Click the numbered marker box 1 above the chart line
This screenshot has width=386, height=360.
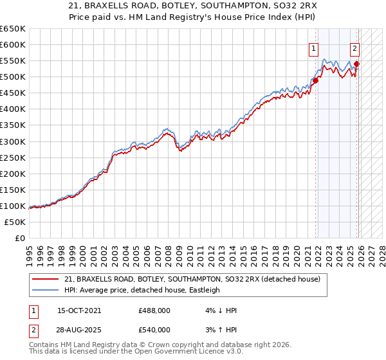pyautogui.click(x=313, y=48)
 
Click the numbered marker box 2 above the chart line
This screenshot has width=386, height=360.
pyautogui.click(x=354, y=48)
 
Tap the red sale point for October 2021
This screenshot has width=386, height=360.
pyautogui.click(x=316, y=80)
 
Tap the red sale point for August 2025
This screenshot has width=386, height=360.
pyautogui.click(x=357, y=64)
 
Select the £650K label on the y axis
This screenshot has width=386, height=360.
pyautogui.click(x=13, y=29)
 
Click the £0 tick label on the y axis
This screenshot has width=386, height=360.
pyautogui.click(x=19, y=238)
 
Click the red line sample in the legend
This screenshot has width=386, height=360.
pyautogui.click(x=45, y=279)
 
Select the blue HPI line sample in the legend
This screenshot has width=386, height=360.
pyautogui.click(x=45, y=290)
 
